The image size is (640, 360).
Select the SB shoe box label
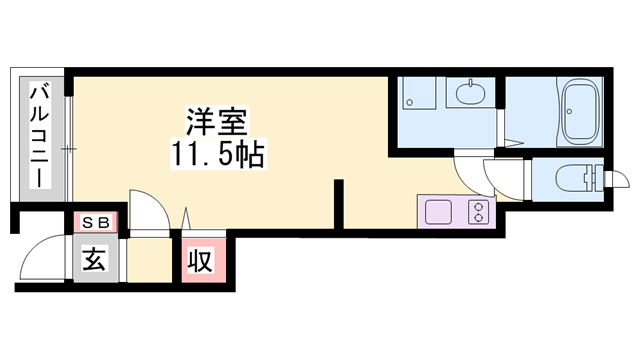point(96,222)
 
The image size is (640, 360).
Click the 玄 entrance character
point(94,261)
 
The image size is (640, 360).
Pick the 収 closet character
point(200,262)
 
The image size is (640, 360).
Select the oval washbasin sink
point(470,96)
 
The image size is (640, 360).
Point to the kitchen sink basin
point(439,213)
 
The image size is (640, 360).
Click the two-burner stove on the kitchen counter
point(479,213)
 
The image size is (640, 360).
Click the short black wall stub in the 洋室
point(339,203)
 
